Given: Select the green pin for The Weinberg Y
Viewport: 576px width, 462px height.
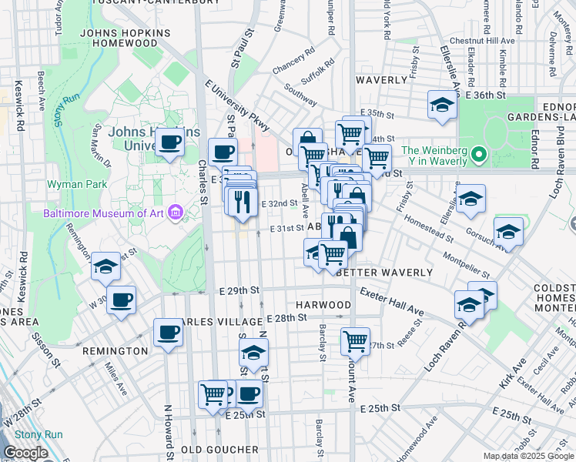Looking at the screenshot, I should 478,156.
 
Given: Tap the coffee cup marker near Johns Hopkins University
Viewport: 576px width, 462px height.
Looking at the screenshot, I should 169,142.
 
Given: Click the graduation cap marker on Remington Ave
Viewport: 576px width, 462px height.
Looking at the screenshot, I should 105,266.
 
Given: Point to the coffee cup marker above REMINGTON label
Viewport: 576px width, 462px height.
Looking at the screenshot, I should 168,333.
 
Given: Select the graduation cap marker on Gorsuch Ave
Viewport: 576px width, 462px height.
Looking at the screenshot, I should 508,231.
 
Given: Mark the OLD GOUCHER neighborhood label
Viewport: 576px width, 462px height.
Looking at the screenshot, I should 220,449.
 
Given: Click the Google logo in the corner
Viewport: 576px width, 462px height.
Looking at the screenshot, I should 25,453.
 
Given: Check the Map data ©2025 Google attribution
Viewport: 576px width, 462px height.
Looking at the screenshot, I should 528,457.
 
